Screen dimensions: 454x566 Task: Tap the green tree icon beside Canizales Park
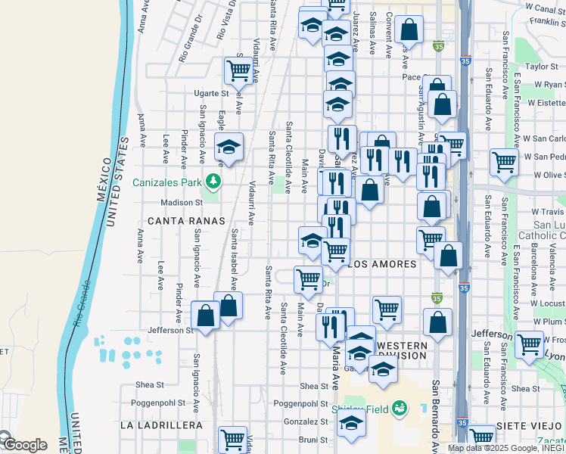tap(214, 182)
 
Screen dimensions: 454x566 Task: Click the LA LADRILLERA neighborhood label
tap(161, 425)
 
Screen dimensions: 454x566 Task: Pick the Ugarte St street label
tap(210, 93)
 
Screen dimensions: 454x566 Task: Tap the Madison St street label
tap(182, 203)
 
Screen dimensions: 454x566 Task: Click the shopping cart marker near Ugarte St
tap(238, 70)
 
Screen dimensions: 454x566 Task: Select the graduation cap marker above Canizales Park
tap(228, 147)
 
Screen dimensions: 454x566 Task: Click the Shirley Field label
tap(360, 409)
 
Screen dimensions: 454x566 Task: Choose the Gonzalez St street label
tap(304, 421)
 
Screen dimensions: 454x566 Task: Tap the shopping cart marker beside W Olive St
tap(503, 161)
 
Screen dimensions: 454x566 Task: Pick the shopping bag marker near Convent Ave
tap(409, 31)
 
